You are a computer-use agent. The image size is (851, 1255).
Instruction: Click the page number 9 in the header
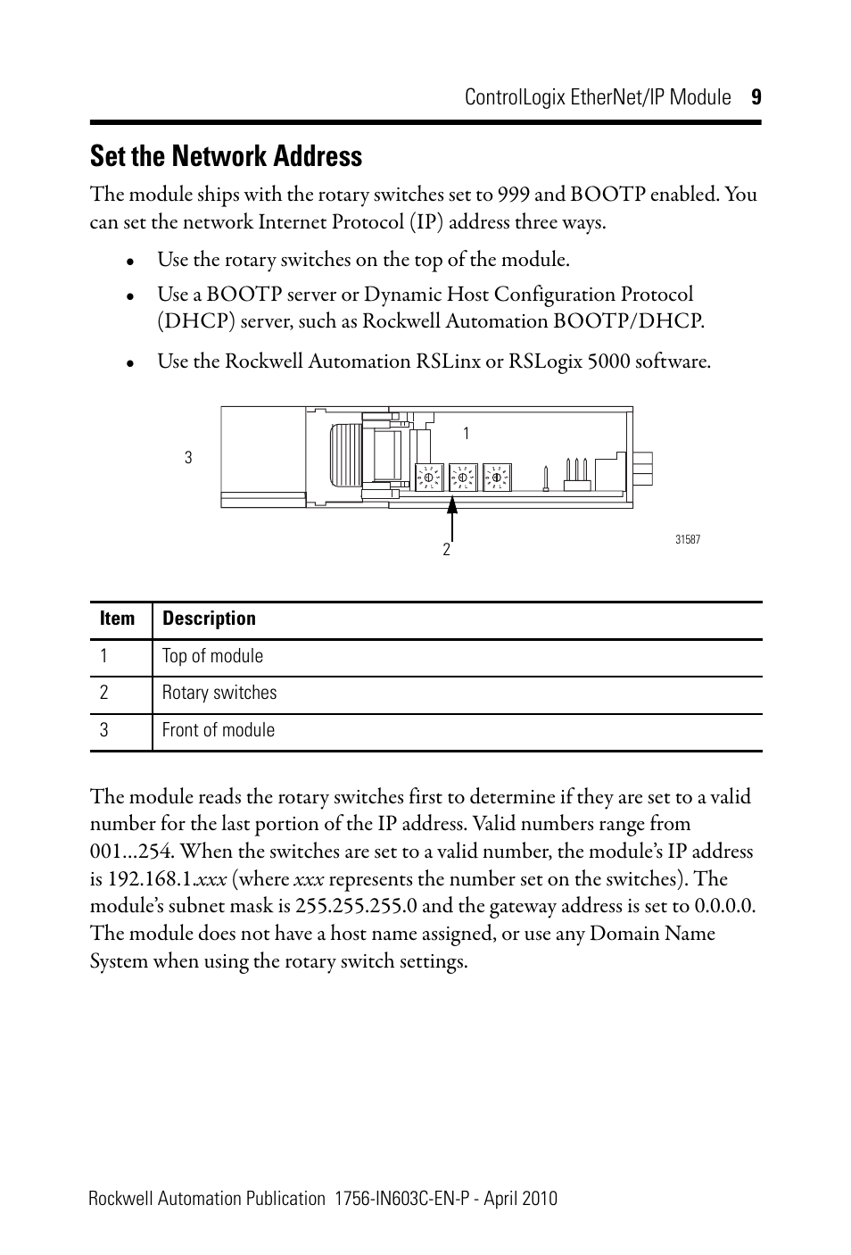tap(755, 98)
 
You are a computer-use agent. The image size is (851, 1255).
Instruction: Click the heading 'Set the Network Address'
tap(226, 157)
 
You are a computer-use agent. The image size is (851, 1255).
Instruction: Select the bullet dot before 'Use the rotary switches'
tap(130, 262)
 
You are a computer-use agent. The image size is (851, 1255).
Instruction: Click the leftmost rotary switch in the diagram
tap(428, 478)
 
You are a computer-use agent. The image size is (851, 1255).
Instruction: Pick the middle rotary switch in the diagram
tap(462, 478)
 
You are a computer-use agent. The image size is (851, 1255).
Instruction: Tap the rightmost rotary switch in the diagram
tap(496, 478)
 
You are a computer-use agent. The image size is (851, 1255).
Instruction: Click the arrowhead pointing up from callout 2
tap(452, 505)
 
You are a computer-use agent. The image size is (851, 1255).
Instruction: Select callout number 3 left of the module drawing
tap(188, 458)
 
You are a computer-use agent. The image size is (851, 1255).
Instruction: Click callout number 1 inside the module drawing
tap(466, 434)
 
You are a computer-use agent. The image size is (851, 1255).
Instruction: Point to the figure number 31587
tap(688, 540)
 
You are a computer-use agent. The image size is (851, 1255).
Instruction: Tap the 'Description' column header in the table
tap(209, 619)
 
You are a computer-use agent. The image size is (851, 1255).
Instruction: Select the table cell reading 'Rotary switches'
tap(219, 693)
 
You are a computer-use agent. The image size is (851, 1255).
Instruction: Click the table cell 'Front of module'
tap(219, 730)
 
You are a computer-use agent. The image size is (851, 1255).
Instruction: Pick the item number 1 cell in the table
tap(104, 656)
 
